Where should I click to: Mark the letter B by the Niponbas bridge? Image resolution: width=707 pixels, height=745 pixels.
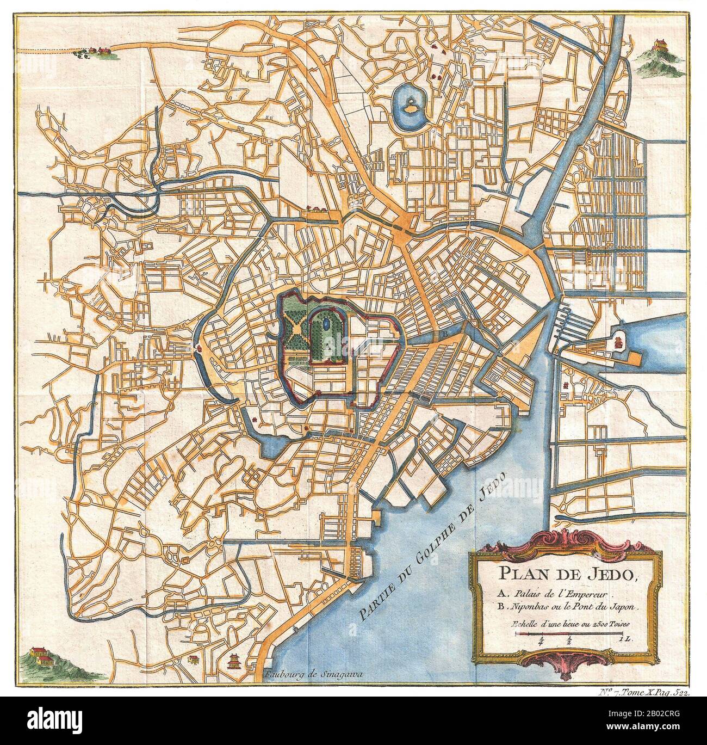[x=444, y=333]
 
